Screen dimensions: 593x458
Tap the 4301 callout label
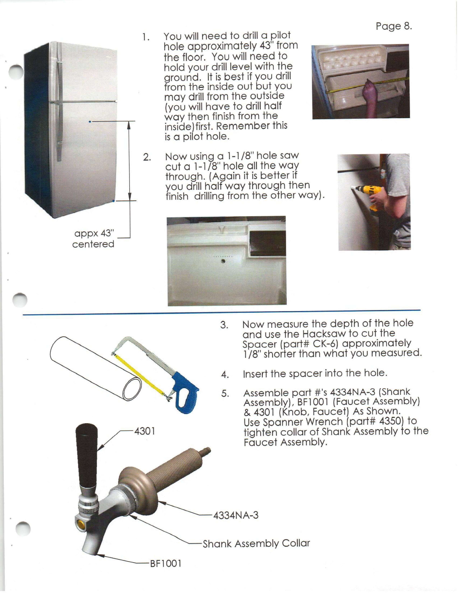(145, 431)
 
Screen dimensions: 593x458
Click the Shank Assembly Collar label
(256, 544)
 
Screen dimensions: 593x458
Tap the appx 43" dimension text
(94, 233)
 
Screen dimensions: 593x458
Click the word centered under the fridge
(93, 244)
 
